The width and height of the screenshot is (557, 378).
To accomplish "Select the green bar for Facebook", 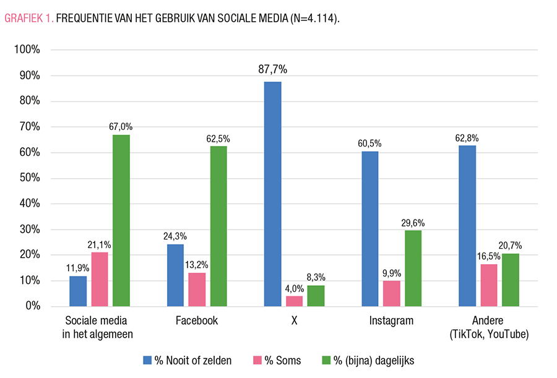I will click(218, 226).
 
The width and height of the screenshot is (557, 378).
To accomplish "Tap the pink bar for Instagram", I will click(392, 293).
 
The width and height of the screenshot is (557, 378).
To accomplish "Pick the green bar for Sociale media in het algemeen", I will click(121, 220).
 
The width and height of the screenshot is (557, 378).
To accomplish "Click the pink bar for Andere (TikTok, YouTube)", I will click(489, 285).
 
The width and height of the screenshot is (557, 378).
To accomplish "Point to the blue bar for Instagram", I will click(369, 228).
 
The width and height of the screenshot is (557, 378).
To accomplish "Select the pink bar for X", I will click(295, 301).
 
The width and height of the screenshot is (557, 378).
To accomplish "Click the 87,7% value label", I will click(273, 69).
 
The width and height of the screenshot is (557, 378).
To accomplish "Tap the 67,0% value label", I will click(121, 126).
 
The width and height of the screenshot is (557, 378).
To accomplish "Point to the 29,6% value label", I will click(413, 223).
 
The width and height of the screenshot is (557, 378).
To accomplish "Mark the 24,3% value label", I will click(175, 236).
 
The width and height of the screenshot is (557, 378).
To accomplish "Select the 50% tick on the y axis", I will click(28, 178).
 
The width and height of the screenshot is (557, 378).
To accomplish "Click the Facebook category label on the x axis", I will click(197, 320).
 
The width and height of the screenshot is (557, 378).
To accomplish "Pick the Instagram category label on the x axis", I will click(391, 320).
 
